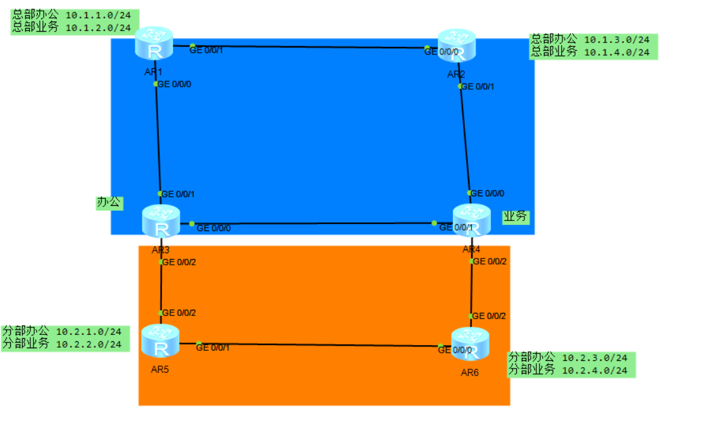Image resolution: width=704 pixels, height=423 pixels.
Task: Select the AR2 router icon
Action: point(457,46)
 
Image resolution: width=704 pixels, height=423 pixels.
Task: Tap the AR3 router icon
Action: point(161,222)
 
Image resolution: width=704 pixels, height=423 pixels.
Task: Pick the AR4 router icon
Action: point(471,222)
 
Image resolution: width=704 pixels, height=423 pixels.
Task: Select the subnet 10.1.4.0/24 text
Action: point(617,53)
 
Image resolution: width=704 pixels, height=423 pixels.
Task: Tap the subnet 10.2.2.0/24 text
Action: point(89,344)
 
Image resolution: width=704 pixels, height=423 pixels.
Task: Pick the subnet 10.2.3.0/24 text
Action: point(595,358)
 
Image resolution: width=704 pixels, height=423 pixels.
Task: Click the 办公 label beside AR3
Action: point(108,203)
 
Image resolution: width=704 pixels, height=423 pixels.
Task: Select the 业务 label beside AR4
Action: point(515,217)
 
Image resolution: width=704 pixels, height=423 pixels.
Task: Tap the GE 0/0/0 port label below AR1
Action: point(175,84)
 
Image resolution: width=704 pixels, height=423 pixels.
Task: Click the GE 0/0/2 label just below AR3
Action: point(180,262)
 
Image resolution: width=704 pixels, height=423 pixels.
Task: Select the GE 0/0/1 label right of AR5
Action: point(213,347)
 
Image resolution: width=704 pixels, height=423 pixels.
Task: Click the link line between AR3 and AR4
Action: point(316,224)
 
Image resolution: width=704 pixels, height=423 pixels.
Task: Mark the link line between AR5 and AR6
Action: point(316,345)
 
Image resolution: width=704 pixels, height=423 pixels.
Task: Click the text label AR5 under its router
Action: point(160,369)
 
